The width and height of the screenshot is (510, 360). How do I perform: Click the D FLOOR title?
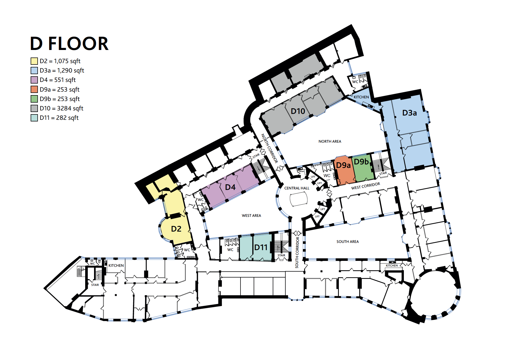click(x=69, y=44)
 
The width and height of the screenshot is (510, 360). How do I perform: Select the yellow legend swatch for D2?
click(x=34, y=61)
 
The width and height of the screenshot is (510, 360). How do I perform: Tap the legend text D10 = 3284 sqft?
click(x=62, y=108)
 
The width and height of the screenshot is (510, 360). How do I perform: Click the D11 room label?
click(x=261, y=247)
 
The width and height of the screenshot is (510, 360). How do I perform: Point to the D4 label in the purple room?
click(x=230, y=187)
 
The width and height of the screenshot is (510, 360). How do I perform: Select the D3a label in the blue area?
click(x=409, y=113)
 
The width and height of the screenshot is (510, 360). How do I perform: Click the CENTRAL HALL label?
click(x=297, y=188)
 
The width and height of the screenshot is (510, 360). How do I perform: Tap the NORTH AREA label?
click(x=330, y=141)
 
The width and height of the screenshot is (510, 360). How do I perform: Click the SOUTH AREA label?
click(x=347, y=242)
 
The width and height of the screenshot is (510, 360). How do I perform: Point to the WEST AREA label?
click(x=251, y=215)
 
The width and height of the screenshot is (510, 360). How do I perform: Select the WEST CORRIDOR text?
click(x=365, y=186)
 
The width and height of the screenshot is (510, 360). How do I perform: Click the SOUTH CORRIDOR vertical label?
click(x=297, y=252)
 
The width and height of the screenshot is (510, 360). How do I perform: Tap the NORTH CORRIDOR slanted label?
click(x=269, y=148)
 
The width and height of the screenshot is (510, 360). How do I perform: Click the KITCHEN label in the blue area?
click(x=361, y=97)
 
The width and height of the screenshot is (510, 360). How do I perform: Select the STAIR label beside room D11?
click(x=281, y=255)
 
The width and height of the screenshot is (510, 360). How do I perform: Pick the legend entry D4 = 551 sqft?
click(x=58, y=80)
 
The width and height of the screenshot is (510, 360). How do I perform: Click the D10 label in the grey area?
click(x=298, y=111)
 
